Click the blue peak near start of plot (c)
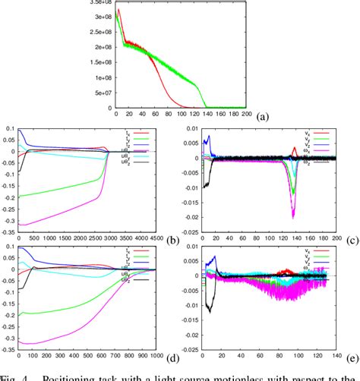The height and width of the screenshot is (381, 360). (x=207, y=138)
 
